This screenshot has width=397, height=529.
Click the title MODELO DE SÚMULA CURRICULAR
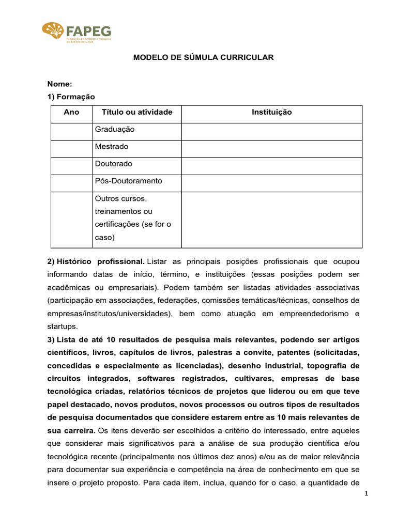203,58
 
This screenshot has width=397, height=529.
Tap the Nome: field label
59,84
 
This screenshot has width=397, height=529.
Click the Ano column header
71,112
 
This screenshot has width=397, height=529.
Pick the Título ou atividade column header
137,112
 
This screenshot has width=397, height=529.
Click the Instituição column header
271,112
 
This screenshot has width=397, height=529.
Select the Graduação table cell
115,130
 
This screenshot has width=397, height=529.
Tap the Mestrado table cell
112,147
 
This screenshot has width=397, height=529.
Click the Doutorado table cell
114,164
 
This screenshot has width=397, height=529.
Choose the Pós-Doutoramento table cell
129,181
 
